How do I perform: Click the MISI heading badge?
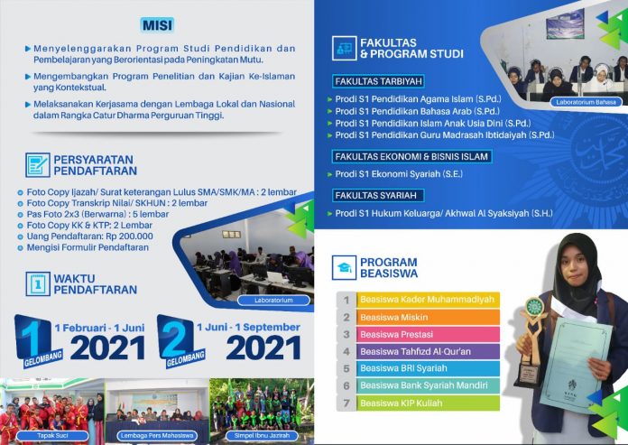pyautogui.click(x=157, y=25)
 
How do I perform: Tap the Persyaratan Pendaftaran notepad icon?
pyautogui.click(x=38, y=165)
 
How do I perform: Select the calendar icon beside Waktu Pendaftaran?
pyautogui.click(x=38, y=284)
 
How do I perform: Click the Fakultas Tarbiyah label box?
pyautogui.click(x=378, y=82)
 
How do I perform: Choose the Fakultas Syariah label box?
pyautogui.click(x=378, y=196)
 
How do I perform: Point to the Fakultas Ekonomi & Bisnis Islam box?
pyautogui.click(x=411, y=157)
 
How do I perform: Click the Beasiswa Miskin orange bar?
pyautogui.click(x=429, y=317)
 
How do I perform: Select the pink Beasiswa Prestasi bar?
pyautogui.click(x=429, y=335)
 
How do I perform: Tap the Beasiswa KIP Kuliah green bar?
pyautogui.click(x=429, y=403)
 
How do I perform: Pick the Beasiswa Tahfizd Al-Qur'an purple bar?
pyautogui.click(x=429, y=352)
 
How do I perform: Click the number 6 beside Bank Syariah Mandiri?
pyautogui.click(x=346, y=385)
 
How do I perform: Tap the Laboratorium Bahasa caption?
pyautogui.click(x=586, y=102)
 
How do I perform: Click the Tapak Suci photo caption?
pyautogui.click(x=52, y=436)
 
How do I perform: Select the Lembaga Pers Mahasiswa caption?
pyautogui.click(x=157, y=436)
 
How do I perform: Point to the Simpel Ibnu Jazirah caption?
pyautogui.click(x=262, y=436)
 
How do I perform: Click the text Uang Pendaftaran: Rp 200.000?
pyautogui.click(x=89, y=236)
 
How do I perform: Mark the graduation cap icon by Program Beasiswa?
pyautogui.click(x=344, y=267)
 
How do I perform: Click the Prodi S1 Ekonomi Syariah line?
pyautogui.click(x=399, y=174)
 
